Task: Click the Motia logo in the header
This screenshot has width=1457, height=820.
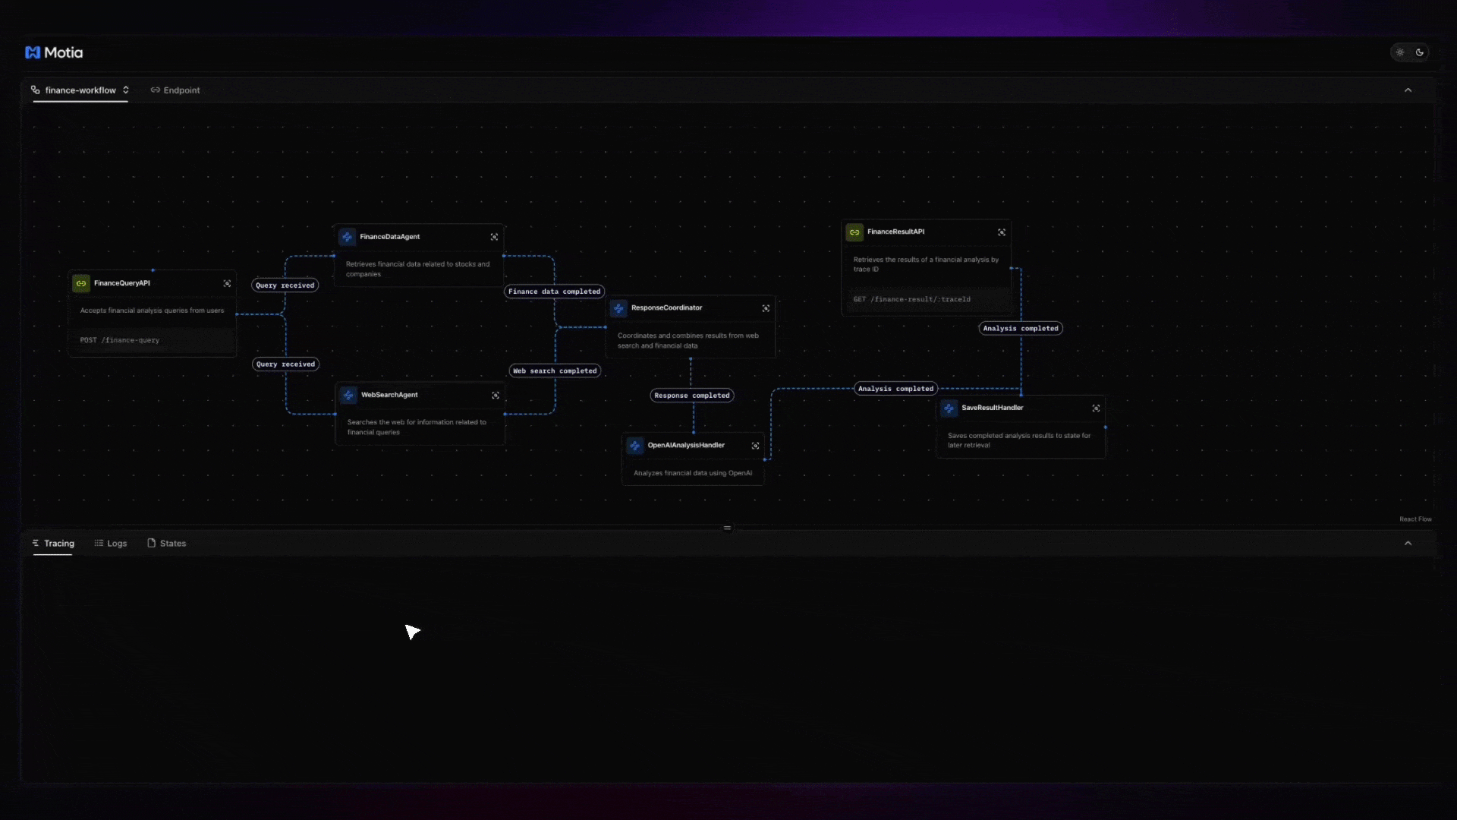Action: point(54,52)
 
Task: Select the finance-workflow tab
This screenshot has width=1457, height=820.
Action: point(80,90)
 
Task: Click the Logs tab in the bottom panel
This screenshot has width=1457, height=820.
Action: point(111,544)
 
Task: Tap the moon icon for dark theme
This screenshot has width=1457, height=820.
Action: point(1420,52)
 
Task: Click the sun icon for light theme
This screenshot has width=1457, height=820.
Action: point(1400,52)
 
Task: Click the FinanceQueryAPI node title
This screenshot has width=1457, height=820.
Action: point(122,283)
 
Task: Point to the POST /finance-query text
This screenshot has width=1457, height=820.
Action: point(120,340)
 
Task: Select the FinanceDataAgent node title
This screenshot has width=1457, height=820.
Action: point(389,237)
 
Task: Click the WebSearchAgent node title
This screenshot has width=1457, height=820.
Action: point(389,395)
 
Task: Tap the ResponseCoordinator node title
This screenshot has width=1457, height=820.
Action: point(666,308)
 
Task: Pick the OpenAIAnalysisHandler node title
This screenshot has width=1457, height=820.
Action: point(686,446)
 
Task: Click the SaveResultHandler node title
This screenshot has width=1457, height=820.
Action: point(992,408)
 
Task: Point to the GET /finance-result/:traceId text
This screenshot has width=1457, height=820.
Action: point(911,299)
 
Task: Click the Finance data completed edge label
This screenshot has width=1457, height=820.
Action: point(554,292)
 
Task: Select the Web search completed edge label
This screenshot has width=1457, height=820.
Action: point(555,371)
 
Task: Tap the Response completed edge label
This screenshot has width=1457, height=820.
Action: point(692,396)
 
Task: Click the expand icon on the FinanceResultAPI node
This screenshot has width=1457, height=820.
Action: point(1002,232)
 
